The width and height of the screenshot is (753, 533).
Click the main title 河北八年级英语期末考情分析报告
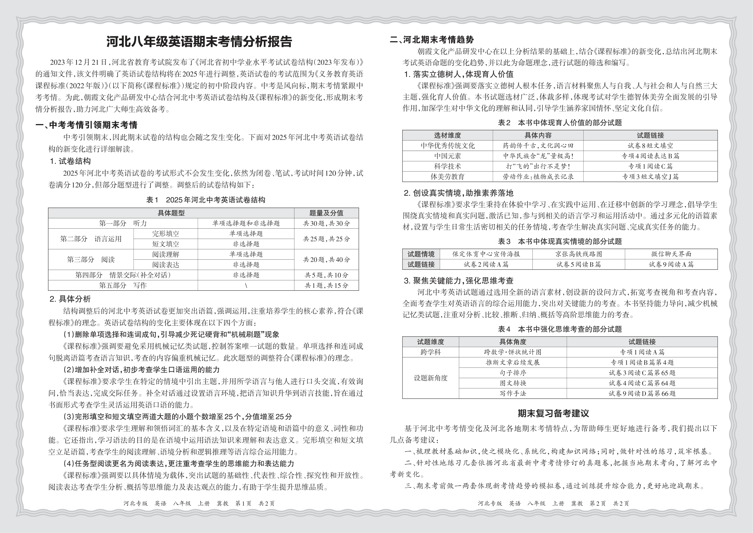pos(199,42)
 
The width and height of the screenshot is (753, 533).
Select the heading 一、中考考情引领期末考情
pos(86,125)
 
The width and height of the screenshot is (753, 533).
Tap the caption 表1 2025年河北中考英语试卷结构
pos(205,200)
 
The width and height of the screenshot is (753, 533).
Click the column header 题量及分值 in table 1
pos(326,213)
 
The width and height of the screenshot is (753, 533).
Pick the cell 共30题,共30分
pos(326,223)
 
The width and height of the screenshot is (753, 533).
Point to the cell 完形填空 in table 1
pos(165,234)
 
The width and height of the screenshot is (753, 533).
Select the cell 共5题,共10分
pos(326,275)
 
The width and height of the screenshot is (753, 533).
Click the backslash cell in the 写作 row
pos(246,285)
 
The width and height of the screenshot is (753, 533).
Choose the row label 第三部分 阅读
pos(91,260)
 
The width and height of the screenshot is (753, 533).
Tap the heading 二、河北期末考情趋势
pos(432,40)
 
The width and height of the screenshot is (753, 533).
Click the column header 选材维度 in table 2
pos(447,135)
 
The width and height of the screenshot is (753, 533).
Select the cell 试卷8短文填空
pos(650,146)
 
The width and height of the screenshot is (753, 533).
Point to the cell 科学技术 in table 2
pos(447,166)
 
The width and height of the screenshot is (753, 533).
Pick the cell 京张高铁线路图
pos(578,254)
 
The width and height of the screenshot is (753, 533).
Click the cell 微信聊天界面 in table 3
pos(671,254)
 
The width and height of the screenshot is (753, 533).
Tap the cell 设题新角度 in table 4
pos(430,378)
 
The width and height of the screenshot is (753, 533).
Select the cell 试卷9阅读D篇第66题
pos(642,393)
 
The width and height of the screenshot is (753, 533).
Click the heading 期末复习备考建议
pos(553,414)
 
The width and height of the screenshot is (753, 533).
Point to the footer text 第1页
pos(243,504)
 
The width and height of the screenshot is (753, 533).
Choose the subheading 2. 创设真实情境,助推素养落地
pos(459,193)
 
